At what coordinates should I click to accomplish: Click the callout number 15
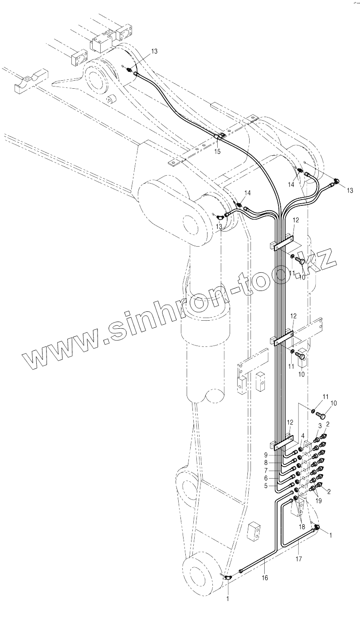click(x=217, y=152)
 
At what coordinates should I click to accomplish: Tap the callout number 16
click(x=265, y=578)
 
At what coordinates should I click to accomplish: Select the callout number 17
click(x=299, y=559)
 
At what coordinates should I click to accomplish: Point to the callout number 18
click(x=301, y=527)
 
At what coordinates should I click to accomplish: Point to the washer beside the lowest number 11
click(x=312, y=410)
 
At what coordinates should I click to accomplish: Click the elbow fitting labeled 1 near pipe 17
click(x=317, y=527)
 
